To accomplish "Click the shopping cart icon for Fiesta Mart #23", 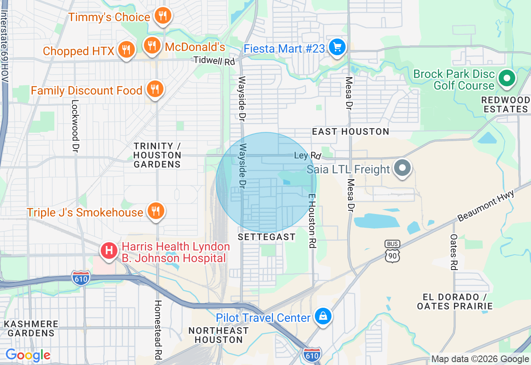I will point(337,47).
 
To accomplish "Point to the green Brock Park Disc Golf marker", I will point(507,78).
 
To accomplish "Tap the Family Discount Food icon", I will point(155,89).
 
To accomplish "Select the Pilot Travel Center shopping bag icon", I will point(323,317).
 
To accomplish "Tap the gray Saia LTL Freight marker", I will point(402,168).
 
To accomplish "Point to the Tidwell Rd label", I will point(214,61).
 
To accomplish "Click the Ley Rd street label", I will point(307,156).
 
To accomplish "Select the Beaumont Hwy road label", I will point(486,206).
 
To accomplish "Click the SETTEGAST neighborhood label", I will point(267,237).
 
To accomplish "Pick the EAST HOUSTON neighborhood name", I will point(351,131).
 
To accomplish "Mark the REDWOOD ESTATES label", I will point(505,105).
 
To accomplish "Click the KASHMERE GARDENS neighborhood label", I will point(31,328).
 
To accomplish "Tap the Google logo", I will point(28,355).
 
